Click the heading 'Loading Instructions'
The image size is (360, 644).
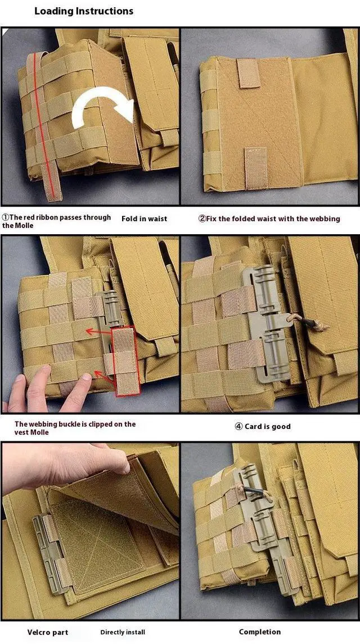(x=84, y=11)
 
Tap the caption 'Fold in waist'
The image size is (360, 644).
(x=145, y=218)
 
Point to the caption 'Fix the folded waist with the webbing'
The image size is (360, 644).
(x=269, y=218)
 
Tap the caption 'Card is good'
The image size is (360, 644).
(x=263, y=426)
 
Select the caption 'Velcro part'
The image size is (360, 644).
(x=48, y=632)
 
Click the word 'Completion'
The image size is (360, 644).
(x=260, y=632)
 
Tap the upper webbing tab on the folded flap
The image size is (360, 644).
(x=248, y=73)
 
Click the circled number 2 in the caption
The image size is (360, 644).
(x=202, y=218)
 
